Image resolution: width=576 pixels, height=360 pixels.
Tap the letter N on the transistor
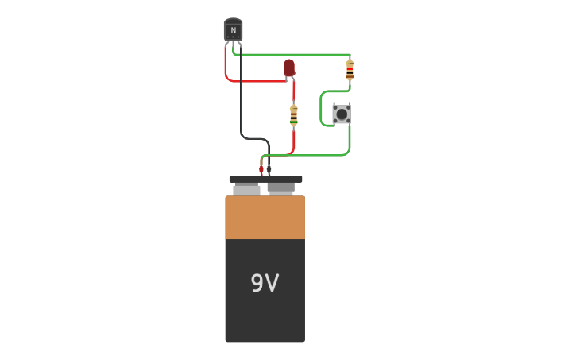[233, 31]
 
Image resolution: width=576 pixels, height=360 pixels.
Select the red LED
[289, 68]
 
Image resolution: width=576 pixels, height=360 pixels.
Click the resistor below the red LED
[293, 115]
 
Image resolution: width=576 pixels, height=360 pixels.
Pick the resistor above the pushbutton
[350, 71]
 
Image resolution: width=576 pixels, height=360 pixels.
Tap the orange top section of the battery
[265, 217]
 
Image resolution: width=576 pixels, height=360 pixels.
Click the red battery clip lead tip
[261, 170]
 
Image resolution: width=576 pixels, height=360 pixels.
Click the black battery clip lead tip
[269, 170]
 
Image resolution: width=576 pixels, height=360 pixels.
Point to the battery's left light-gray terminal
[246, 190]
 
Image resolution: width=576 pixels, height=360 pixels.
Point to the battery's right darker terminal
[281, 188]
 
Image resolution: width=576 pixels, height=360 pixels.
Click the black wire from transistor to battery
[242, 103]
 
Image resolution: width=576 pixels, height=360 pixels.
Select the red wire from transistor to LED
[246, 81]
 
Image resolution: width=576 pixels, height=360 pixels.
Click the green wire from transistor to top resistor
[294, 55]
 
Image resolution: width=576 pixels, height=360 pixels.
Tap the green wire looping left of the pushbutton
[321, 111]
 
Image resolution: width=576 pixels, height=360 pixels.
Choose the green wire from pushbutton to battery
[318, 155]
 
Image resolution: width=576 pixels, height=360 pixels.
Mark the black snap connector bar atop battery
[265, 180]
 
